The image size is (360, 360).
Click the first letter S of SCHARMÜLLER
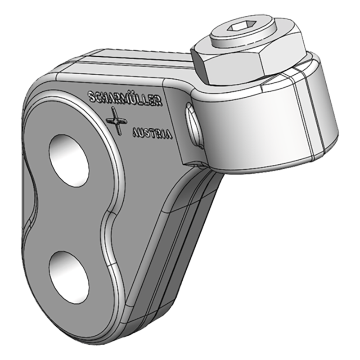point(92,95)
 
